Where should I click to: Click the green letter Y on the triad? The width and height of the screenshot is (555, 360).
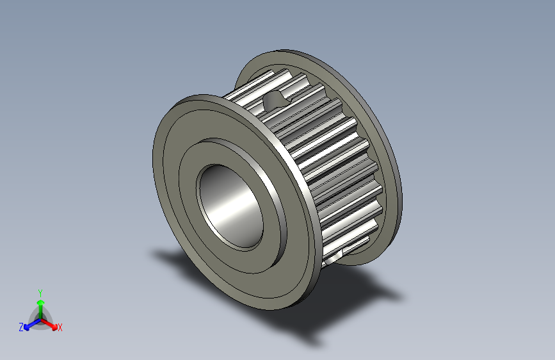point(40,291)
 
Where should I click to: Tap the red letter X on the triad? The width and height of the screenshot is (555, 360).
point(60,328)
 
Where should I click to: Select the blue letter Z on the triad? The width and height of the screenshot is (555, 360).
point(21,327)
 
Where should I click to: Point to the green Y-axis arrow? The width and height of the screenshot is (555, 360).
point(40,307)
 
